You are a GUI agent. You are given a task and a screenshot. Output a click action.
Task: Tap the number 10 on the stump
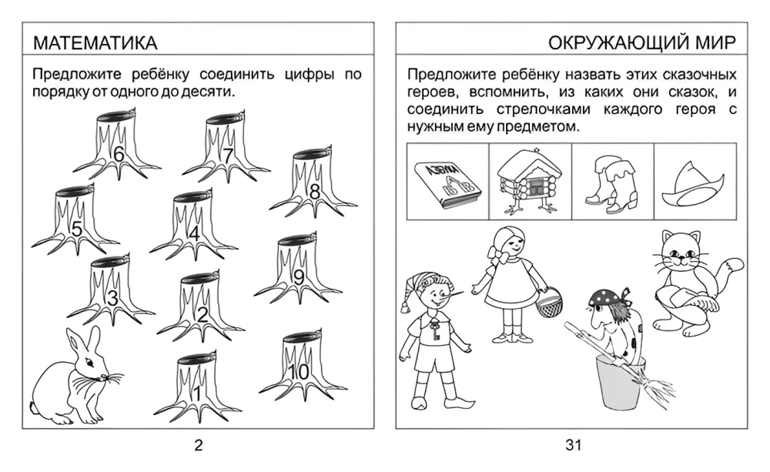coord(298,373)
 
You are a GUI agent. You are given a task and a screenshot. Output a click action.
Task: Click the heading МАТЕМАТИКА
coord(95,43)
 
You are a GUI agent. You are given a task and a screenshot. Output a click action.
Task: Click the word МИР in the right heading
coord(715,42)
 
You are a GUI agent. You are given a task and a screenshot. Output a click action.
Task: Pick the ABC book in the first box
coord(447,185)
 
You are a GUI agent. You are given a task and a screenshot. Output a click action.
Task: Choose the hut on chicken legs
coord(530,182)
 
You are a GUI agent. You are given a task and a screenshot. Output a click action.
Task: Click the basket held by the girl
coord(547,302)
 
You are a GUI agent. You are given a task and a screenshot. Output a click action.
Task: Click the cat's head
coord(680,253)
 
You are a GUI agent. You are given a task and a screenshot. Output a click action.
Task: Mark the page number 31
coord(573,445)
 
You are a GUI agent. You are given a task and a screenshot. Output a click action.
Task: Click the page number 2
coord(198,446)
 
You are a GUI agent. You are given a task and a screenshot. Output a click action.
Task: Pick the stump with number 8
coord(313,182)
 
